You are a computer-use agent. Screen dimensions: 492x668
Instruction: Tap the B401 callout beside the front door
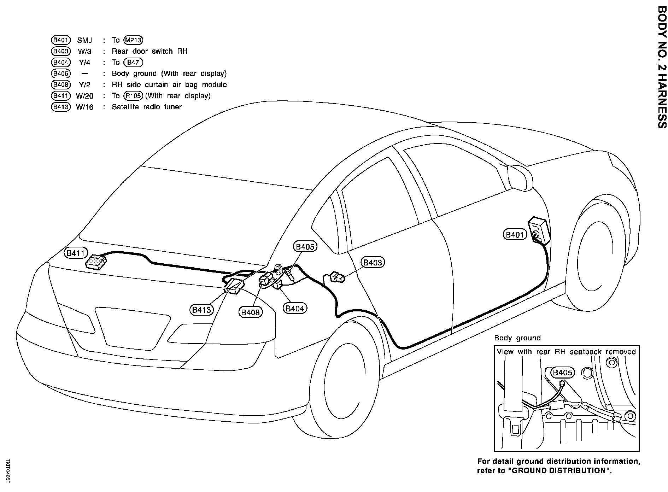point(515,234)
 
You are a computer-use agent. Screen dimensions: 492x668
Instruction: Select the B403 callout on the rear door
point(373,262)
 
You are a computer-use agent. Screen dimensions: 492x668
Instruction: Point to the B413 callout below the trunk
point(201,310)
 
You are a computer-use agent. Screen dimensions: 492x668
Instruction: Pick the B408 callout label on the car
point(251,312)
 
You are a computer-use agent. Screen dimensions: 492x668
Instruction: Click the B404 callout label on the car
point(295,308)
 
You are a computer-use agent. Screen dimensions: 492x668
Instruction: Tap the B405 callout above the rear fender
point(305,246)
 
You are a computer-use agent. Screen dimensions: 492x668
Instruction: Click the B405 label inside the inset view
point(562,372)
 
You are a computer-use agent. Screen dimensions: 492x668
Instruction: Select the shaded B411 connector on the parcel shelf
point(96,262)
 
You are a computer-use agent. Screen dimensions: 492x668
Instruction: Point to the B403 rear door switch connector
point(337,277)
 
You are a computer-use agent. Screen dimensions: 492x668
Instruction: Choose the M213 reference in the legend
point(133,40)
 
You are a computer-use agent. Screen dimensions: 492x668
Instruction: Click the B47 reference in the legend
point(133,63)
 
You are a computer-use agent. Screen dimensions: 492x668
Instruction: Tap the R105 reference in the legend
point(133,96)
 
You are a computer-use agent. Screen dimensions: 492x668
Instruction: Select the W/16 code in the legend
point(85,107)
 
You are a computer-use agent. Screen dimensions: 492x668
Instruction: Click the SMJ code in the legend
point(85,40)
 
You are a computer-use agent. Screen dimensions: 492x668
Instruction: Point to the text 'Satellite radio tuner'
point(147,107)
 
